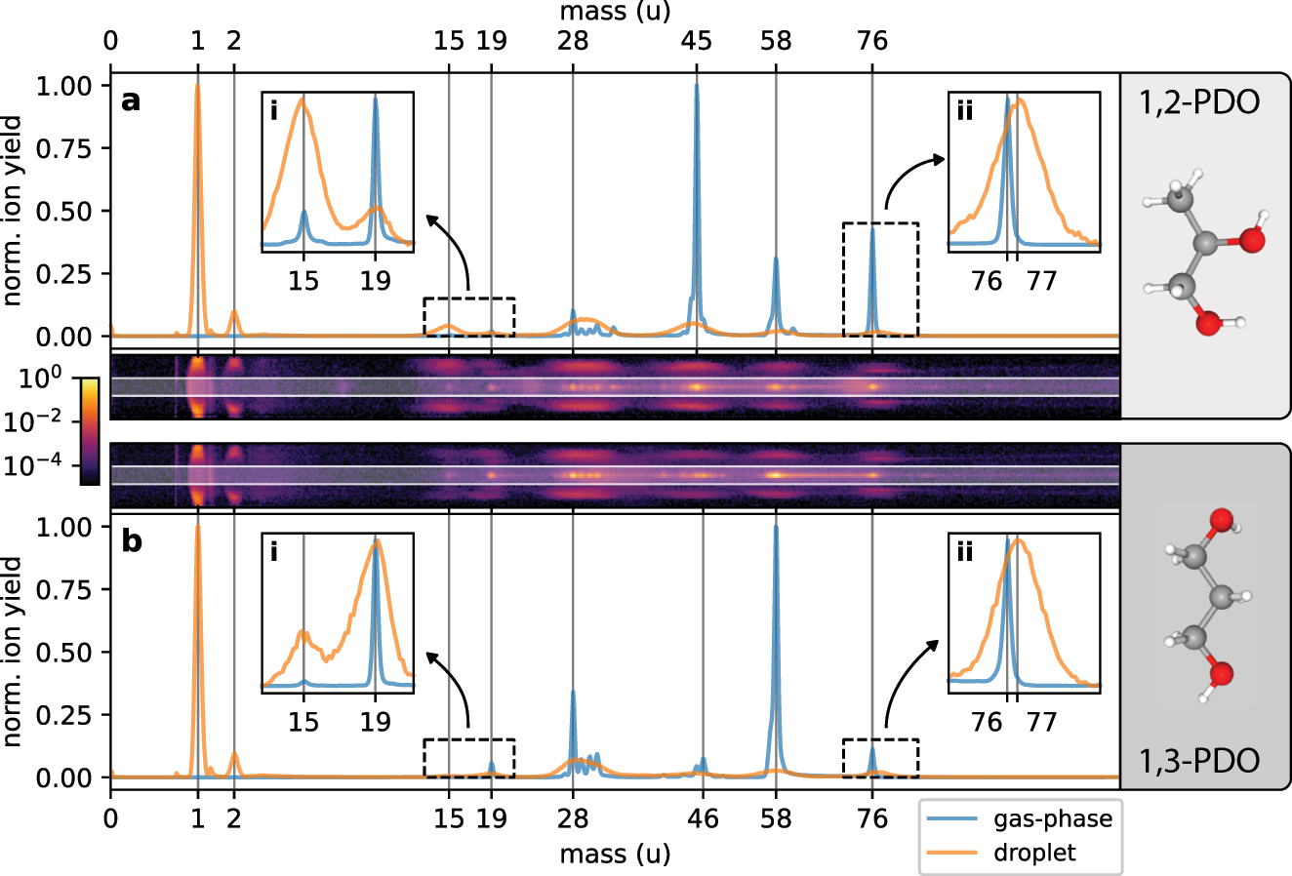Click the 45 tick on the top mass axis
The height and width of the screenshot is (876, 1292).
click(697, 41)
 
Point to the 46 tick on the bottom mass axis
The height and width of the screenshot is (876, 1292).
click(703, 817)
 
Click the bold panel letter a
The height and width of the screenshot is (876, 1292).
click(130, 100)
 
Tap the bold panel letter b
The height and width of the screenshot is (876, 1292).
click(131, 540)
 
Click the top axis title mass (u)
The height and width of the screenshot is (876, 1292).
click(615, 12)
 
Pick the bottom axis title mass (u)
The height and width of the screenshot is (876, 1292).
click(615, 854)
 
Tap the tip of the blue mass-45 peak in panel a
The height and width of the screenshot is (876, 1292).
click(697, 86)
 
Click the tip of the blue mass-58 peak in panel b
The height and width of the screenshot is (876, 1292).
click(776, 528)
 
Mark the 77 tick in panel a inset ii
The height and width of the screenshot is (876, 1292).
click(1042, 281)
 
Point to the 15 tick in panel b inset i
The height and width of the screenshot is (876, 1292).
click(303, 721)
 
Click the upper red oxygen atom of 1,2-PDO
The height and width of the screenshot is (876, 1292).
click(1252, 239)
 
